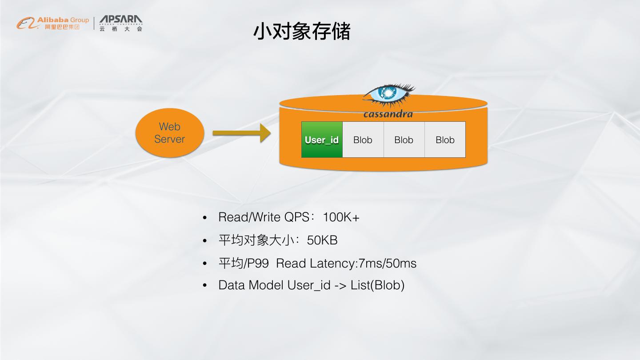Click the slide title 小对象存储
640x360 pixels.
tap(302, 32)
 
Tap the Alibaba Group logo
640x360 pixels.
tap(53, 23)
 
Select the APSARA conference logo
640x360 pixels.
tap(120, 23)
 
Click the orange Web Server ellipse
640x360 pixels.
tap(169, 133)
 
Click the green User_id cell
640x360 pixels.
tap(322, 140)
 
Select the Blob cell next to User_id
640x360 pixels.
tap(363, 140)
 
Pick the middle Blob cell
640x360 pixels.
tap(404, 140)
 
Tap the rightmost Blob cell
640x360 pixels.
tap(445, 140)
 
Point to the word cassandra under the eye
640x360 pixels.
tap(388, 114)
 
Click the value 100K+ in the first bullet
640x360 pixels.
tap(341, 217)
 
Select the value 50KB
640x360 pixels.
tap(322, 240)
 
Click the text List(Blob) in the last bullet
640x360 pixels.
tap(377, 285)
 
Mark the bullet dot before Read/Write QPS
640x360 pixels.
tap(205, 218)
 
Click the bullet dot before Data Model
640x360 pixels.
tap(205, 285)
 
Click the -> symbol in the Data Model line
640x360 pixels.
tap(340, 285)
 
